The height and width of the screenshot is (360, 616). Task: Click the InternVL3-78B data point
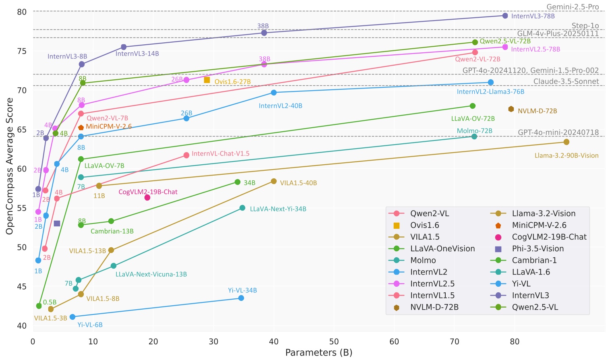[x=505, y=16]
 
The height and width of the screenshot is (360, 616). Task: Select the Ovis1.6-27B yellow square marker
[x=207, y=80]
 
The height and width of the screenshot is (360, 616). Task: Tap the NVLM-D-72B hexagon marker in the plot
[x=511, y=109]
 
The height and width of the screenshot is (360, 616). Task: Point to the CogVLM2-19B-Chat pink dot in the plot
[x=147, y=198]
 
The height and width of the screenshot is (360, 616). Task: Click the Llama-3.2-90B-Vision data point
[x=566, y=142]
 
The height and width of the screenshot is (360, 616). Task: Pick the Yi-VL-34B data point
[x=241, y=298]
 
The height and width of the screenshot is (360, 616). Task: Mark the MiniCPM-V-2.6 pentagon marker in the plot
[x=81, y=128]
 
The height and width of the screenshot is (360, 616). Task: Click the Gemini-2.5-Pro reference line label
[x=572, y=7]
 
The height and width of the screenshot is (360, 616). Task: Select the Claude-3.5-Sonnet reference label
[x=566, y=81]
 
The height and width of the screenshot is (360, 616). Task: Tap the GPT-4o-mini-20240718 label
[x=558, y=132]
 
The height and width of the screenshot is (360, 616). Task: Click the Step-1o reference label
[x=585, y=26]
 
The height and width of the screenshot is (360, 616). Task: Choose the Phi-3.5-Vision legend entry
[x=537, y=249]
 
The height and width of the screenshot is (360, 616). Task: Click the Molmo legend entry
[x=423, y=261]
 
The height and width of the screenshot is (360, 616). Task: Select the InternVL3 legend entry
[x=530, y=296]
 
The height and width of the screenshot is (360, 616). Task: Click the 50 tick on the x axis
[x=334, y=342]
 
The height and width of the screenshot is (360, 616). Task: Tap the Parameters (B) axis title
[x=318, y=353]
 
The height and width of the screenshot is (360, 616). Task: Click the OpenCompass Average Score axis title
[x=10, y=166]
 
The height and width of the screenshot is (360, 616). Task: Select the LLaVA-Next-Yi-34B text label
[x=278, y=209]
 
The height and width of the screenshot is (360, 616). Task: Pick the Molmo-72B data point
[x=474, y=137]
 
